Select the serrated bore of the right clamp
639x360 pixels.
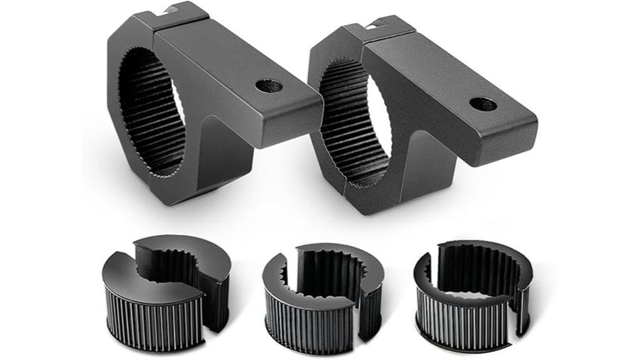(x=350, y=131)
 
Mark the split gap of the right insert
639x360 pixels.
(x=432, y=263)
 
